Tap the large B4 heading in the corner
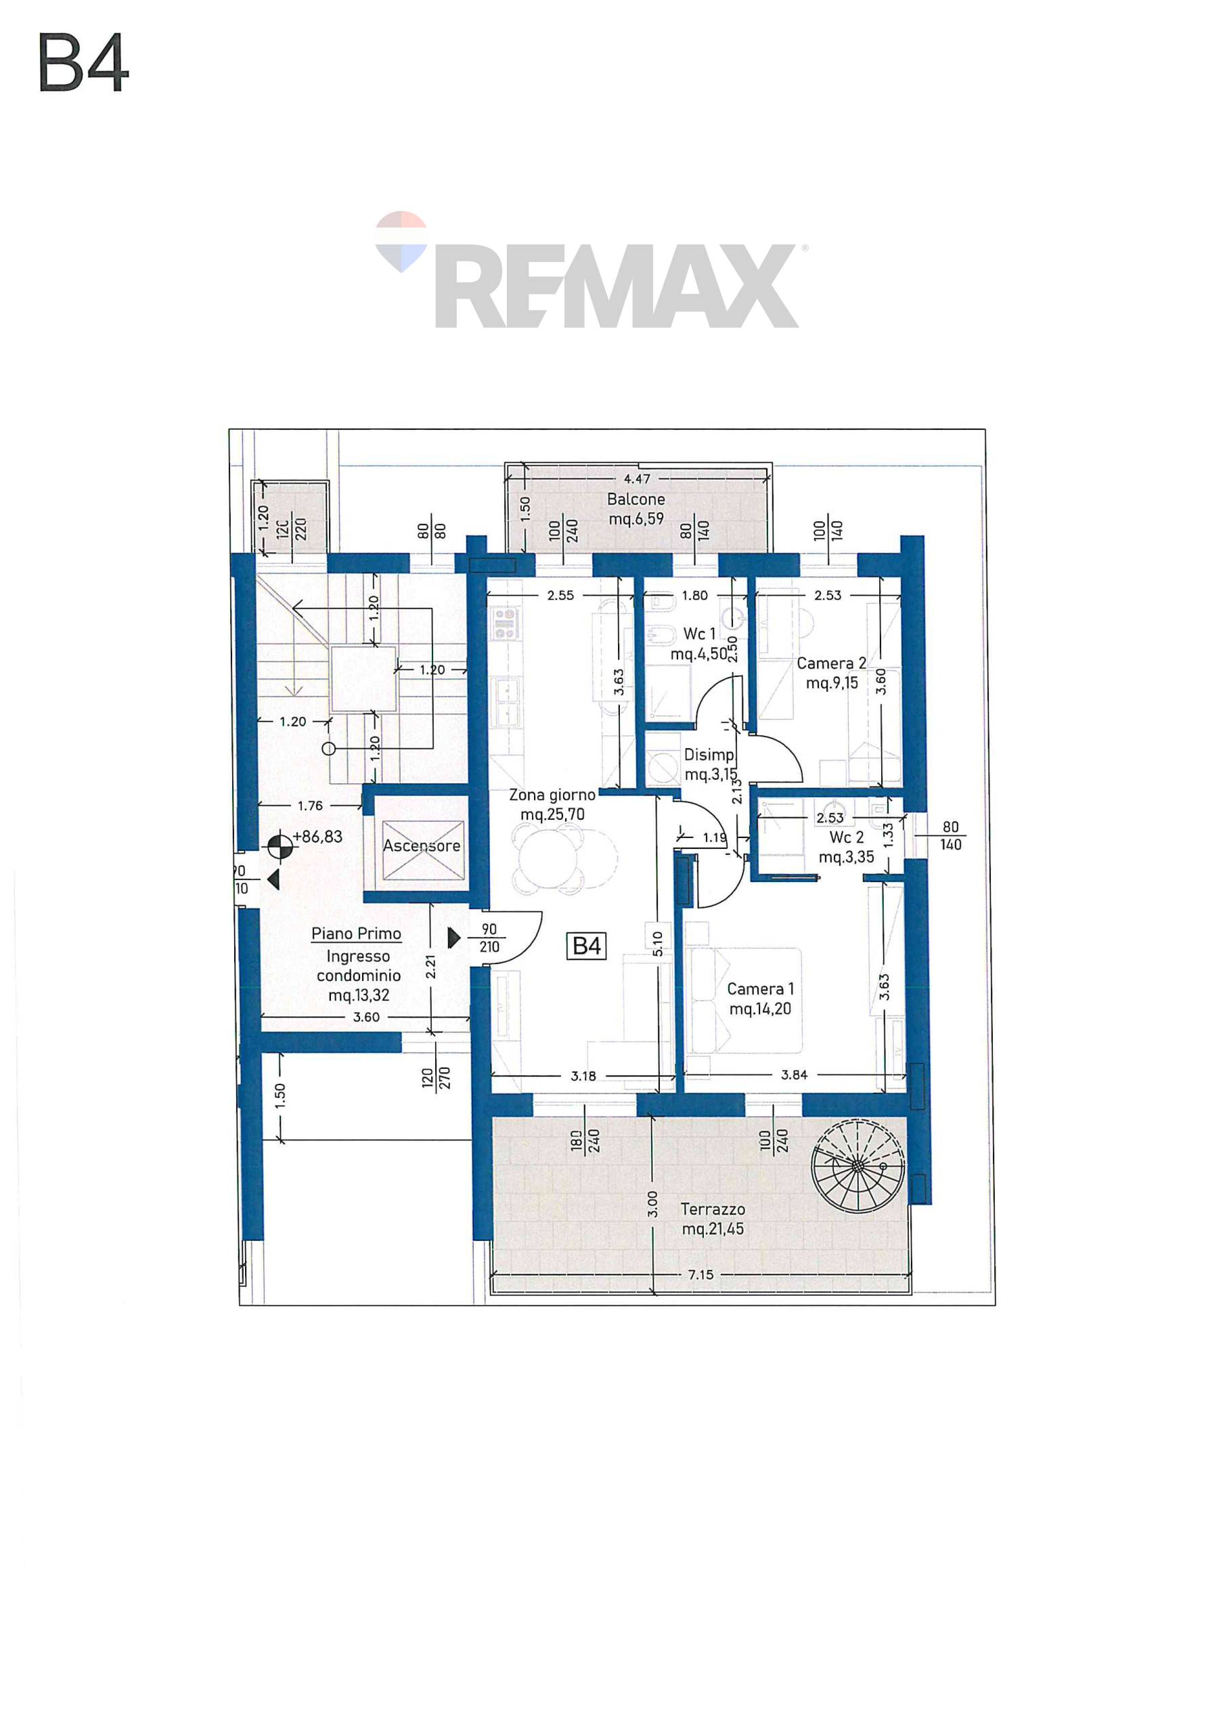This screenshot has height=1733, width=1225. [84, 64]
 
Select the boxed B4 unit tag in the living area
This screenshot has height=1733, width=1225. [587, 946]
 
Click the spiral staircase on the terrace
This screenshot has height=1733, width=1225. [857, 1166]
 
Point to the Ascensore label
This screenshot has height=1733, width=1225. [421, 846]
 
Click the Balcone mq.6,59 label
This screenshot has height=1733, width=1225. [636, 508]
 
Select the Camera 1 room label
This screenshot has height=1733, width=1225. [760, 999]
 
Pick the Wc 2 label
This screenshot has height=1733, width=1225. [846, 837]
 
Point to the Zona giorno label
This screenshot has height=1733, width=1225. [552, 795]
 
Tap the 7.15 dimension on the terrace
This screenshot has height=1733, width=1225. [700, 1275]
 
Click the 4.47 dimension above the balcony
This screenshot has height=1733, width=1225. [637, 479]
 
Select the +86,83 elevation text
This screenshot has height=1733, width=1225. [318, 836]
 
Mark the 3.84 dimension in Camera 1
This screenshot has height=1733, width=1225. [794, 1075]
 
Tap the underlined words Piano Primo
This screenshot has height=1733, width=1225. [356, 934]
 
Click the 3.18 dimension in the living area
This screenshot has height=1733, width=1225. [583, 1076]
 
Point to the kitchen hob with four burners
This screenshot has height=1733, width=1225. [506, 623]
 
